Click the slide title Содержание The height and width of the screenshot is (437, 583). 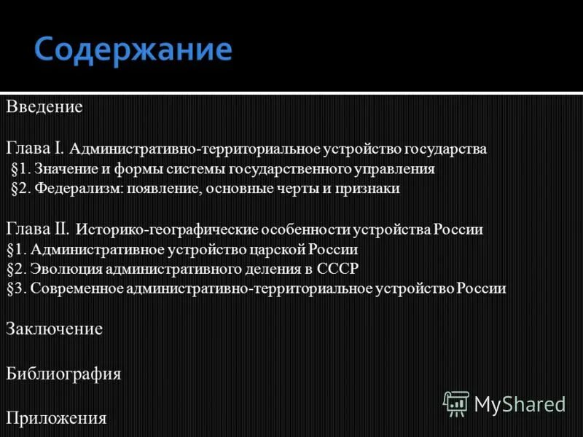click(x=133, y=50)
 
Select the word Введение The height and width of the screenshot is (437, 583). click(x=44, y=107)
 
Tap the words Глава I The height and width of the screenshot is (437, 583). click(x=36, y=149)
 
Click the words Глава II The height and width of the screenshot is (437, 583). click(x=39, y=229)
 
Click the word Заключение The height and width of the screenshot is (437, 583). click(x=54, y=328)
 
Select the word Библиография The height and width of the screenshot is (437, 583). click(x=63, y=374)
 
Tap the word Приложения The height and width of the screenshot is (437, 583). click(x=56, y=419)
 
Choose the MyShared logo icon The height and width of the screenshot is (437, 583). click(x=456, y=403)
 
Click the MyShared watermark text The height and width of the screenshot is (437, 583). click(x=520, y=403)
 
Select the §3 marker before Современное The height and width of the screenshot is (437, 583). click(x=15, y=288)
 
